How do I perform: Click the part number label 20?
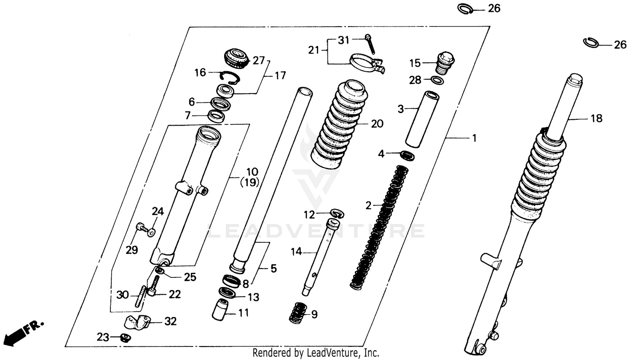point(377,124)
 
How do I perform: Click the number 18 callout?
point(596,118)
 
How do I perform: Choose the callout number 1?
point(474,138)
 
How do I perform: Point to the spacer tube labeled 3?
point(421,119)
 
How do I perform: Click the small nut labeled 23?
point(125,337)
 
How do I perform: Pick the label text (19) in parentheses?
point(249,183)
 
